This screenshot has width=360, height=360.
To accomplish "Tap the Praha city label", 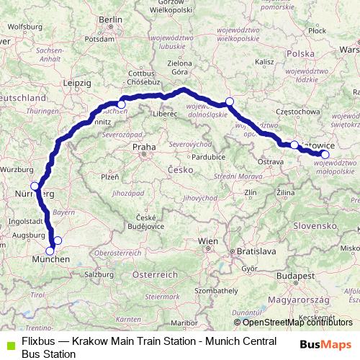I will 144,147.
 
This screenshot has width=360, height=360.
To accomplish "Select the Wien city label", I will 208,240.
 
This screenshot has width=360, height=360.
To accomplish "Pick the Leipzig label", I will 76,83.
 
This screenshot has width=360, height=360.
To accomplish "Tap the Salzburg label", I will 98,274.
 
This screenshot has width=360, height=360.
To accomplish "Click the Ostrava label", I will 270,163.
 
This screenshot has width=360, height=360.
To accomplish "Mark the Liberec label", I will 163,113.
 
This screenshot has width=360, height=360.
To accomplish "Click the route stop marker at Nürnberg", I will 35,186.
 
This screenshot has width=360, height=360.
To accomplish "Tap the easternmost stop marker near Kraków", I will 325,154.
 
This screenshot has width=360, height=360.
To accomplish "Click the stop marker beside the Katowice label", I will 294,145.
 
